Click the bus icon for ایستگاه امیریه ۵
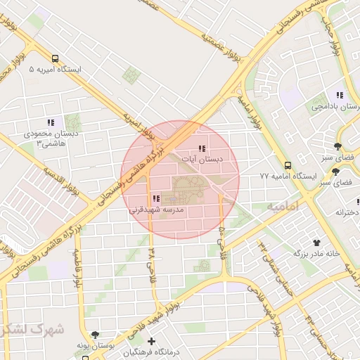(x=56, y=59)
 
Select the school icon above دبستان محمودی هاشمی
(x=50, y=122)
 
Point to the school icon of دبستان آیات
(x=202, y=148)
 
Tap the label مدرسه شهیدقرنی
(x=156, y=210)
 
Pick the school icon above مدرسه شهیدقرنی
(x=155, y=198)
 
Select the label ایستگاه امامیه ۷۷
(x=288, y=176)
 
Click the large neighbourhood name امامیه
(x=283, y=206)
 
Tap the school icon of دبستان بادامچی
(x=340, y=95)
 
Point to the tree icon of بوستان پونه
(x=95, y=335)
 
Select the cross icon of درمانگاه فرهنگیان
(x=151, y=341)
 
